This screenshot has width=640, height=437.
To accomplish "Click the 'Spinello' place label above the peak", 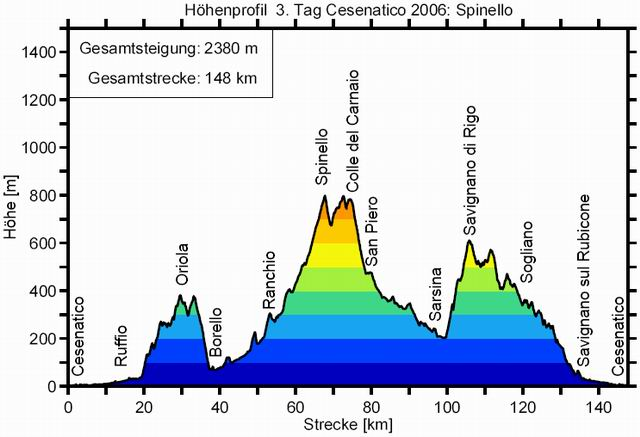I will pyautogui.click(x=321, y=158).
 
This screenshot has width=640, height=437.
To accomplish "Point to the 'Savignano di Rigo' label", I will pyautogui.click(x=470, y=171).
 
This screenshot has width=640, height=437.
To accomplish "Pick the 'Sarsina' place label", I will pyautogui.click(x=435, y=295).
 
